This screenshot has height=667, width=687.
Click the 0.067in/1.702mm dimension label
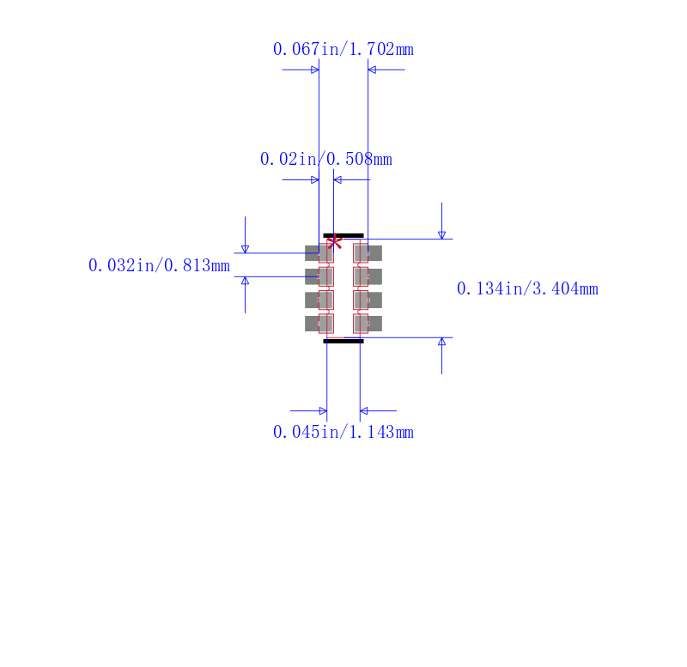pyautogui.click(x=343, y=49)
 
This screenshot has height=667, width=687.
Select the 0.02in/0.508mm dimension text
pyautogui.click(x=326, y=159)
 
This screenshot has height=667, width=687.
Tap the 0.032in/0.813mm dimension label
pyautogui.click(x=159, y=265)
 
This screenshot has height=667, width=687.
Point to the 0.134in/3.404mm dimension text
pyautogui.click(x=527, y=288)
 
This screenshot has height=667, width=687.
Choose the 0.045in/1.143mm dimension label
pyautogui.click(x=343, y=433)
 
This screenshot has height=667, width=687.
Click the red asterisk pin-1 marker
pyautogui.click(x=334, y=241)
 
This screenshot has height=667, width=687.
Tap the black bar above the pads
pyautogui.click(x=343, y=235)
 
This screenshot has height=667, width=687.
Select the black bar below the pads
pyautogui.click(x=343, y=341)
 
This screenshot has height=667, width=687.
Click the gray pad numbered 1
pyautogui.click(x=319, y=253)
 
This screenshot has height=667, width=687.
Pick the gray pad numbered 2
pyautogui.click(x=319, y=276)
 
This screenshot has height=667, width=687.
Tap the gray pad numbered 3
pyautogui.click(x=319, y=300)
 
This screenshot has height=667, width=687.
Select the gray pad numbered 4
pyautogui.click(x=319, y=324)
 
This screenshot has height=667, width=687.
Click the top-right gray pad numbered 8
pyautogui.click(x=368, y=253)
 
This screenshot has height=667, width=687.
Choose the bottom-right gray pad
pyautogui.click(x=368, y=324)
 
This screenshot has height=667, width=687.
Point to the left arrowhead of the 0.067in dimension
pyautogui.click(x=315, y=70)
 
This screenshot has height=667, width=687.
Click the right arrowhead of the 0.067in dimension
pyautogui.click(x=372, y=70)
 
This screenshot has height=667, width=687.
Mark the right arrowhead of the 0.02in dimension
pyautogui.click(x=337, y=179)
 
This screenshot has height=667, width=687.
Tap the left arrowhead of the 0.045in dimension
pyautogui.click(x=323, y=411)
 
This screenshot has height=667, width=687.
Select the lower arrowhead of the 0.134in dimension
pyautogui.click(x=441, y=342)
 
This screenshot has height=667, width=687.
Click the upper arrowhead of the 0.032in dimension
pyautogui.click(x=245, y=249)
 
